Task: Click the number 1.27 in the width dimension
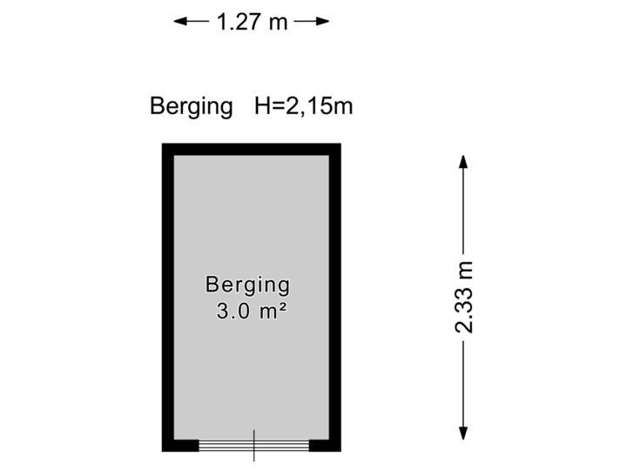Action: click(x=239, y=22)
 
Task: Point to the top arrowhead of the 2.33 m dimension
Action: click(x=463, y=160)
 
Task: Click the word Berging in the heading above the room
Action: click(x=192, y=107)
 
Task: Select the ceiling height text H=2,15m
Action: click(x=303, y=107)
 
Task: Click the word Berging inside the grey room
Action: click(x=247, y=285)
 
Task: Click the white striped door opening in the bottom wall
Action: click(x=253, y=446)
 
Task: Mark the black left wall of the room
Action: click(x=167, y=296)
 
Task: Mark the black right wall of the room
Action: click(x=335, y=296)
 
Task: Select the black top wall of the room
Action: click(x=252, y=149)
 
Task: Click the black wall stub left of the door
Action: click(x=180, y=446)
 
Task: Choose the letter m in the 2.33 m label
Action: click(x=464, y=267)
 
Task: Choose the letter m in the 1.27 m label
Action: click(x=278, y=22)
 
